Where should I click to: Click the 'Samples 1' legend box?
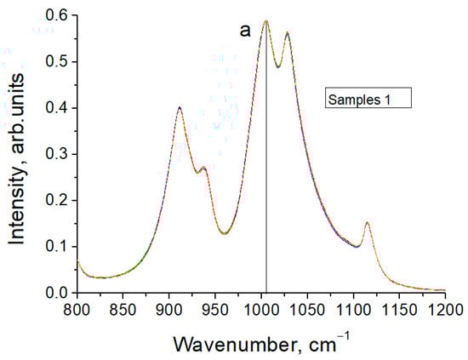click(x=369, y=99)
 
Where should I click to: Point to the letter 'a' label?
click(x=244, y=31)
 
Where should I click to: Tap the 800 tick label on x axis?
click(x=77, y=307)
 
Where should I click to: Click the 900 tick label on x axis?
click(x=169, y=307)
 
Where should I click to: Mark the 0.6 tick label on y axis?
click(x=56, y=15)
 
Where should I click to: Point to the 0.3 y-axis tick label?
click(x=56, y=154)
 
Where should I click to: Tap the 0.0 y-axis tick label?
click(x=56, y=293)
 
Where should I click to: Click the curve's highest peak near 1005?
click(x=265, y=20)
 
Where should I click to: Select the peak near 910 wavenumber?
click(x=180, y=107)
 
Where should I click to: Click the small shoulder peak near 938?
click(x=203, y=168)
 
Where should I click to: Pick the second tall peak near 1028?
click(x=288, y=33)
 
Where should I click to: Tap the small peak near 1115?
click(x=367, y=223)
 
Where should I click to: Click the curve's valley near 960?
click(x=225, y=233)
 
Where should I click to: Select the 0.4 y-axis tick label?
click(x=56, y=108)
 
